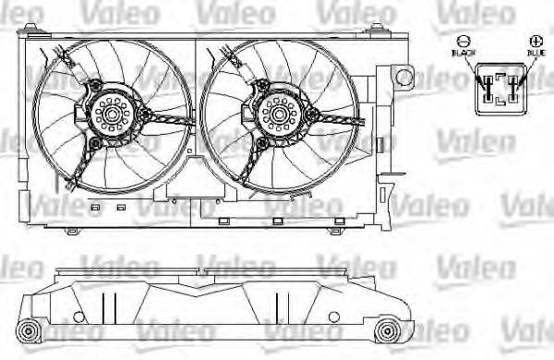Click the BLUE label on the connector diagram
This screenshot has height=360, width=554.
coord(536,54)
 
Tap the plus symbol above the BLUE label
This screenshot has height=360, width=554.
coord(536,42)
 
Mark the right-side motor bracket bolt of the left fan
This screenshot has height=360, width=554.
coord(146,114)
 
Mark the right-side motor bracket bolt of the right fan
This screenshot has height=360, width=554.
coord(310,114)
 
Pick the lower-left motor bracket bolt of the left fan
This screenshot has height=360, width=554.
coord(95,144)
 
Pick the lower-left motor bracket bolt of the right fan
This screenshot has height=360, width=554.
coord(260,144)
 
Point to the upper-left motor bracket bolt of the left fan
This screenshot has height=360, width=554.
coord(93,86)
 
